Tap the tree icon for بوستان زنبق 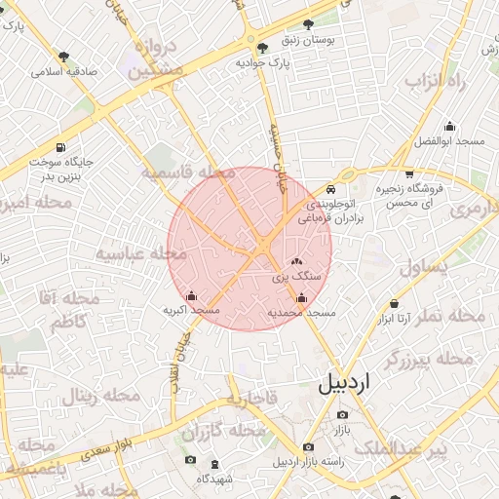tap(309, 23)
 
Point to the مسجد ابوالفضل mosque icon tap(449, 126)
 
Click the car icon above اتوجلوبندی tap(331, 189)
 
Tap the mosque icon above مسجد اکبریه tap(191, 295)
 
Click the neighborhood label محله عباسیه tap(141, 253)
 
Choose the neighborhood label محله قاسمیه tap(189, 173)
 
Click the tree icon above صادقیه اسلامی tap(64, 57)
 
